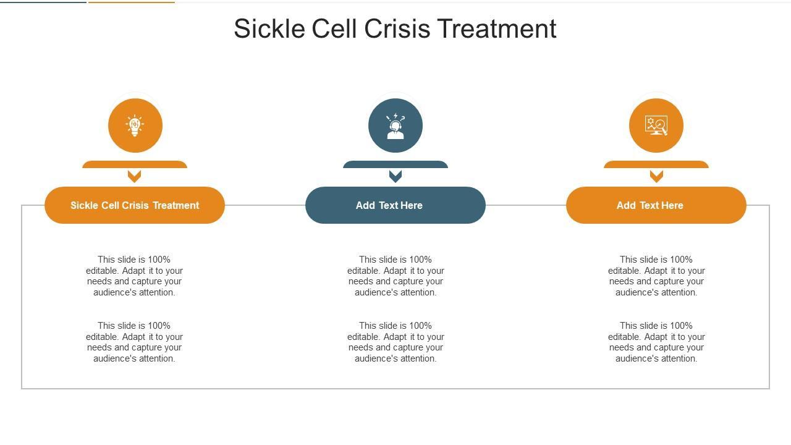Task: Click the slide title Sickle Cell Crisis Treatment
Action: (x=395, y=29)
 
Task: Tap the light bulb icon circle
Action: (x=135, y=125)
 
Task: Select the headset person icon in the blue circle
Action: (x=395, y=125)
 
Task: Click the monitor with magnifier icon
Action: (x=656, y=125)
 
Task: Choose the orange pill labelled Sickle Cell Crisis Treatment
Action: (x=135, y=205)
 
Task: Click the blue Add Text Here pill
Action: (x=395, y=205)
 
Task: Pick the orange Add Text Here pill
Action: (x=656, y=205)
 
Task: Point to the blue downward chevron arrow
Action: (x=395, y=176)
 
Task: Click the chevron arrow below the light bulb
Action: (x=135, y=176)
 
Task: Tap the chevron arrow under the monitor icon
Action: (x=656, y=176)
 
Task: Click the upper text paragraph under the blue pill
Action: (x=395, y=276)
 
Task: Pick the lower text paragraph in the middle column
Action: (x=395, y=342)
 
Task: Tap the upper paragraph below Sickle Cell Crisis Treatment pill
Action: (x=134, y=276)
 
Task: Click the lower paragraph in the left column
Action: (x=134, y=342)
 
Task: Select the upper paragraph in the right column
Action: (x=656, y=276)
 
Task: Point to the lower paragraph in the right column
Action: (x=656, y=342)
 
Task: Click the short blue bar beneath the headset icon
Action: (x=395, y=164)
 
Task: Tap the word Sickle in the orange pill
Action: (x=84, y=205)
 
